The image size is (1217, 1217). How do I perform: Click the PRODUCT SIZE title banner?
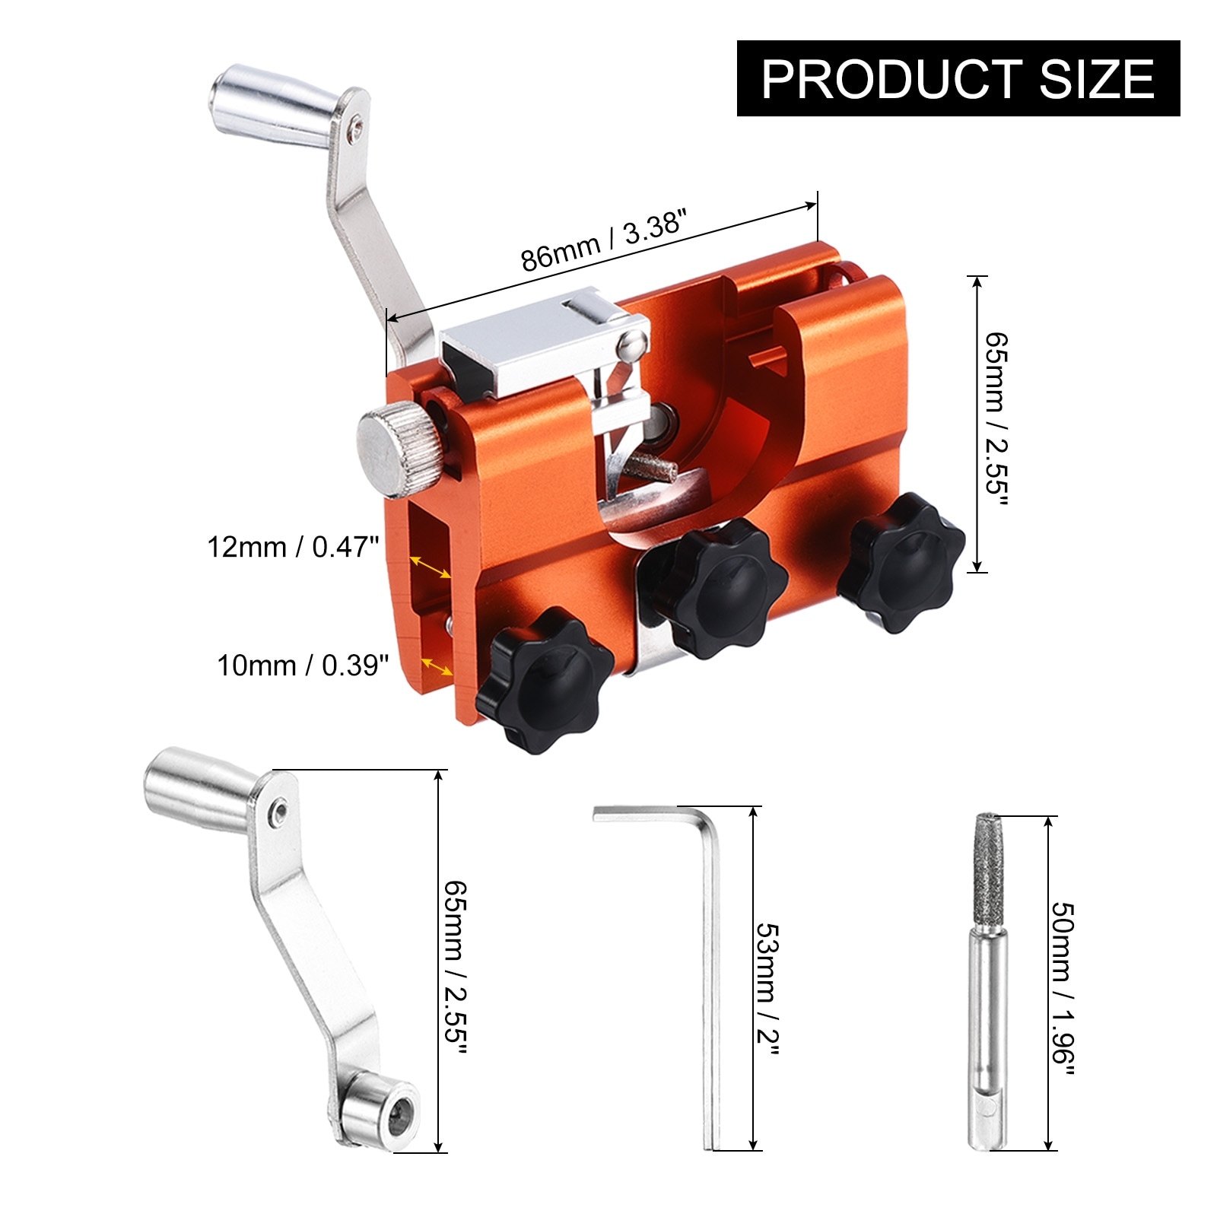coord(958,78)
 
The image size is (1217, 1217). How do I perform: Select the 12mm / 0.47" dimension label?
coord(294,547)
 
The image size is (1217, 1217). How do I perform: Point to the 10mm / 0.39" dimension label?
coord(303,666)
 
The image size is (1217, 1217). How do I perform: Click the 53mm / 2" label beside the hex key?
coord(768,989)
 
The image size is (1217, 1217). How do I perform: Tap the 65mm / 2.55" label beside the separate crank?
coord(455,968)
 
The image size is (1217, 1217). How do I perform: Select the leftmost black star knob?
coord(545,679)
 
